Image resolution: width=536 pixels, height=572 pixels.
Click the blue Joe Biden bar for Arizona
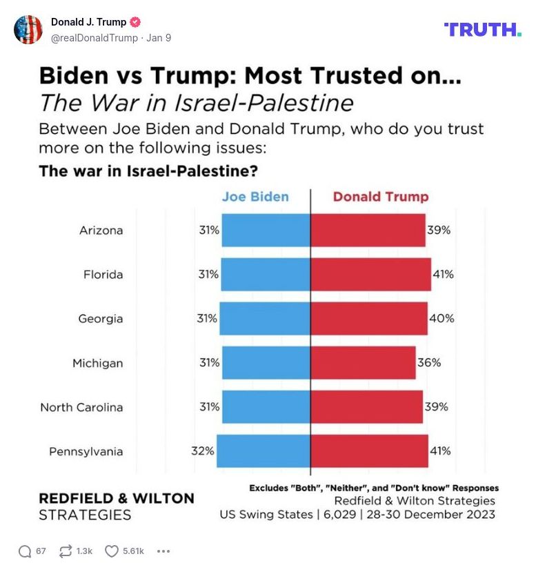coord(266,230)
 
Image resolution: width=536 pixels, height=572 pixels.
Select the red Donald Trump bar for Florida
coord(370,275)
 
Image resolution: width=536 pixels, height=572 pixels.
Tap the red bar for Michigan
coord(363,363)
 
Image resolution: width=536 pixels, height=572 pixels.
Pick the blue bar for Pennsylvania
coord(264,451)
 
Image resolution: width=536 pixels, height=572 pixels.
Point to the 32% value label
coord(203,451)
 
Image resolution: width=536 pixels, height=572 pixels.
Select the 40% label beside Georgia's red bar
coord(441,319)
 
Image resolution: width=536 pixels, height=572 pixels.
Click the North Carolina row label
coord(81,407)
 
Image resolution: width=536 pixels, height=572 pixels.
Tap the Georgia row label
coord(101,319)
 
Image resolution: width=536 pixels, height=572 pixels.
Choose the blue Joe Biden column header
coord(255,197)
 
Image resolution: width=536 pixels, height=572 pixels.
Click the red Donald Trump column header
coord(381,197)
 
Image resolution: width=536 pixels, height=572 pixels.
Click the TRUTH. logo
coord(482,30)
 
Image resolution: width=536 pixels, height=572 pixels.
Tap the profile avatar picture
coord(28,30)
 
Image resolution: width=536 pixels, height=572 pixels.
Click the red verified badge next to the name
coord(136,22)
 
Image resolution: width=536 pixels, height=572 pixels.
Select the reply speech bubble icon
coord(25,551)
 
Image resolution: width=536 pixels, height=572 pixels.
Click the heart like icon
coord(112,551)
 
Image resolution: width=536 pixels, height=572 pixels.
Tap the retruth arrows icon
coord(67,551)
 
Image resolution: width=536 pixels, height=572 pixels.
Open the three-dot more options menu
coord(163,551)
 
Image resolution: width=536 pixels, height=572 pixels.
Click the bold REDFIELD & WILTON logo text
coord(116,498)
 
